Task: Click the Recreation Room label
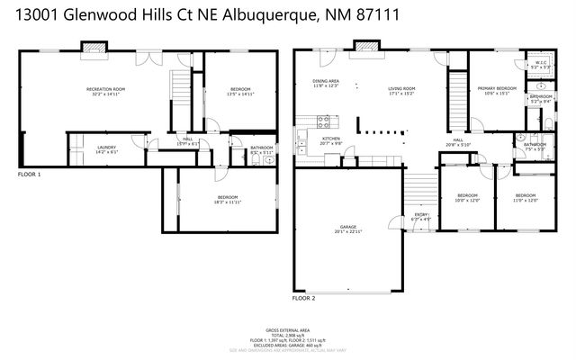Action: click(x=105, y=91)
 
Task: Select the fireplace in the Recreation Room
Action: click(x=93, y=46)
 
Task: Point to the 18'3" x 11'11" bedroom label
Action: click(x=227, y=199)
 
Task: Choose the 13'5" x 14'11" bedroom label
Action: click(x=240, y=91)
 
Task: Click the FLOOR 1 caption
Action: click(x=30, y=174)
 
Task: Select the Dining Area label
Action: click(x=325, y=84)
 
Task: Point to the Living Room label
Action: click(x=401, y=90)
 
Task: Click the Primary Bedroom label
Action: click(x=497, y=89)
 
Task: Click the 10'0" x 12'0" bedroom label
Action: click(x=468, y=198)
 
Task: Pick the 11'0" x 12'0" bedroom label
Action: click(x=526, y=198)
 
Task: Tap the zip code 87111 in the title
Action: click(x=375, y=15)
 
